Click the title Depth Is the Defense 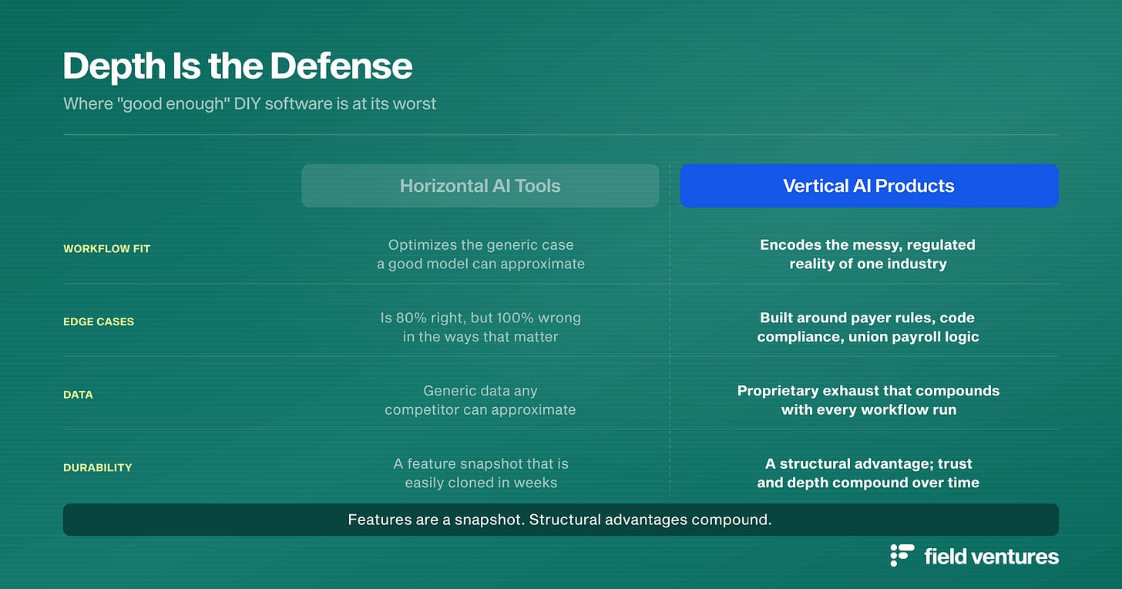pos(237,66)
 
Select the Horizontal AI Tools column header pos(480,186)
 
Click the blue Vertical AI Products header pos(869,186)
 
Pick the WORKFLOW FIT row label pos(106,249)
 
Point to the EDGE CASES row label pos(99,321)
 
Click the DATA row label pos(78,395)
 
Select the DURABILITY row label pos(98,467)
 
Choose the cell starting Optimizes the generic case pos(481,254)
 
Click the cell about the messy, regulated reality pos(868,254)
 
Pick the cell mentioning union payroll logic pos(868,327)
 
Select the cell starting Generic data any pos(480,400)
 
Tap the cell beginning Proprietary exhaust pos(868,400)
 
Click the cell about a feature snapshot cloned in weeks pos(481,473)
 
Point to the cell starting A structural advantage pos(868,473)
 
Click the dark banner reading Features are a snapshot pos(561,520)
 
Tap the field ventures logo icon pos(902,555)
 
